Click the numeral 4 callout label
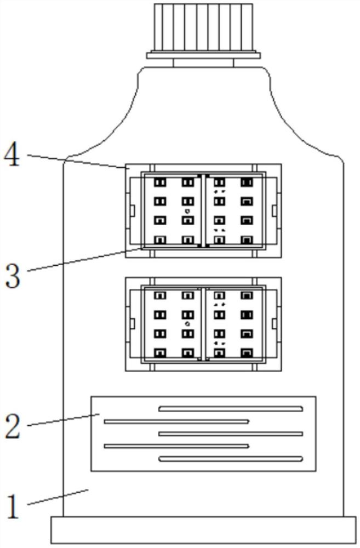coord(13,157)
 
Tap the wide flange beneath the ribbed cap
coord(203,54)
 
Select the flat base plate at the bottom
coord(203,530)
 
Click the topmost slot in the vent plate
coord(231,408)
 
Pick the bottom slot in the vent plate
coord(231,458)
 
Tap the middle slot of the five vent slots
coord(231,433)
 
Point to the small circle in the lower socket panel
coord(187,324)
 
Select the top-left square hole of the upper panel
coord(161,182)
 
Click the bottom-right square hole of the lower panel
coord(247,352)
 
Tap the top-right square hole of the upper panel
coord(247,182)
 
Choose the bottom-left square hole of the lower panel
coord(161,352)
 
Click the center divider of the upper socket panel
coord(203,211)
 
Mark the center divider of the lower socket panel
coord(203,323)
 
